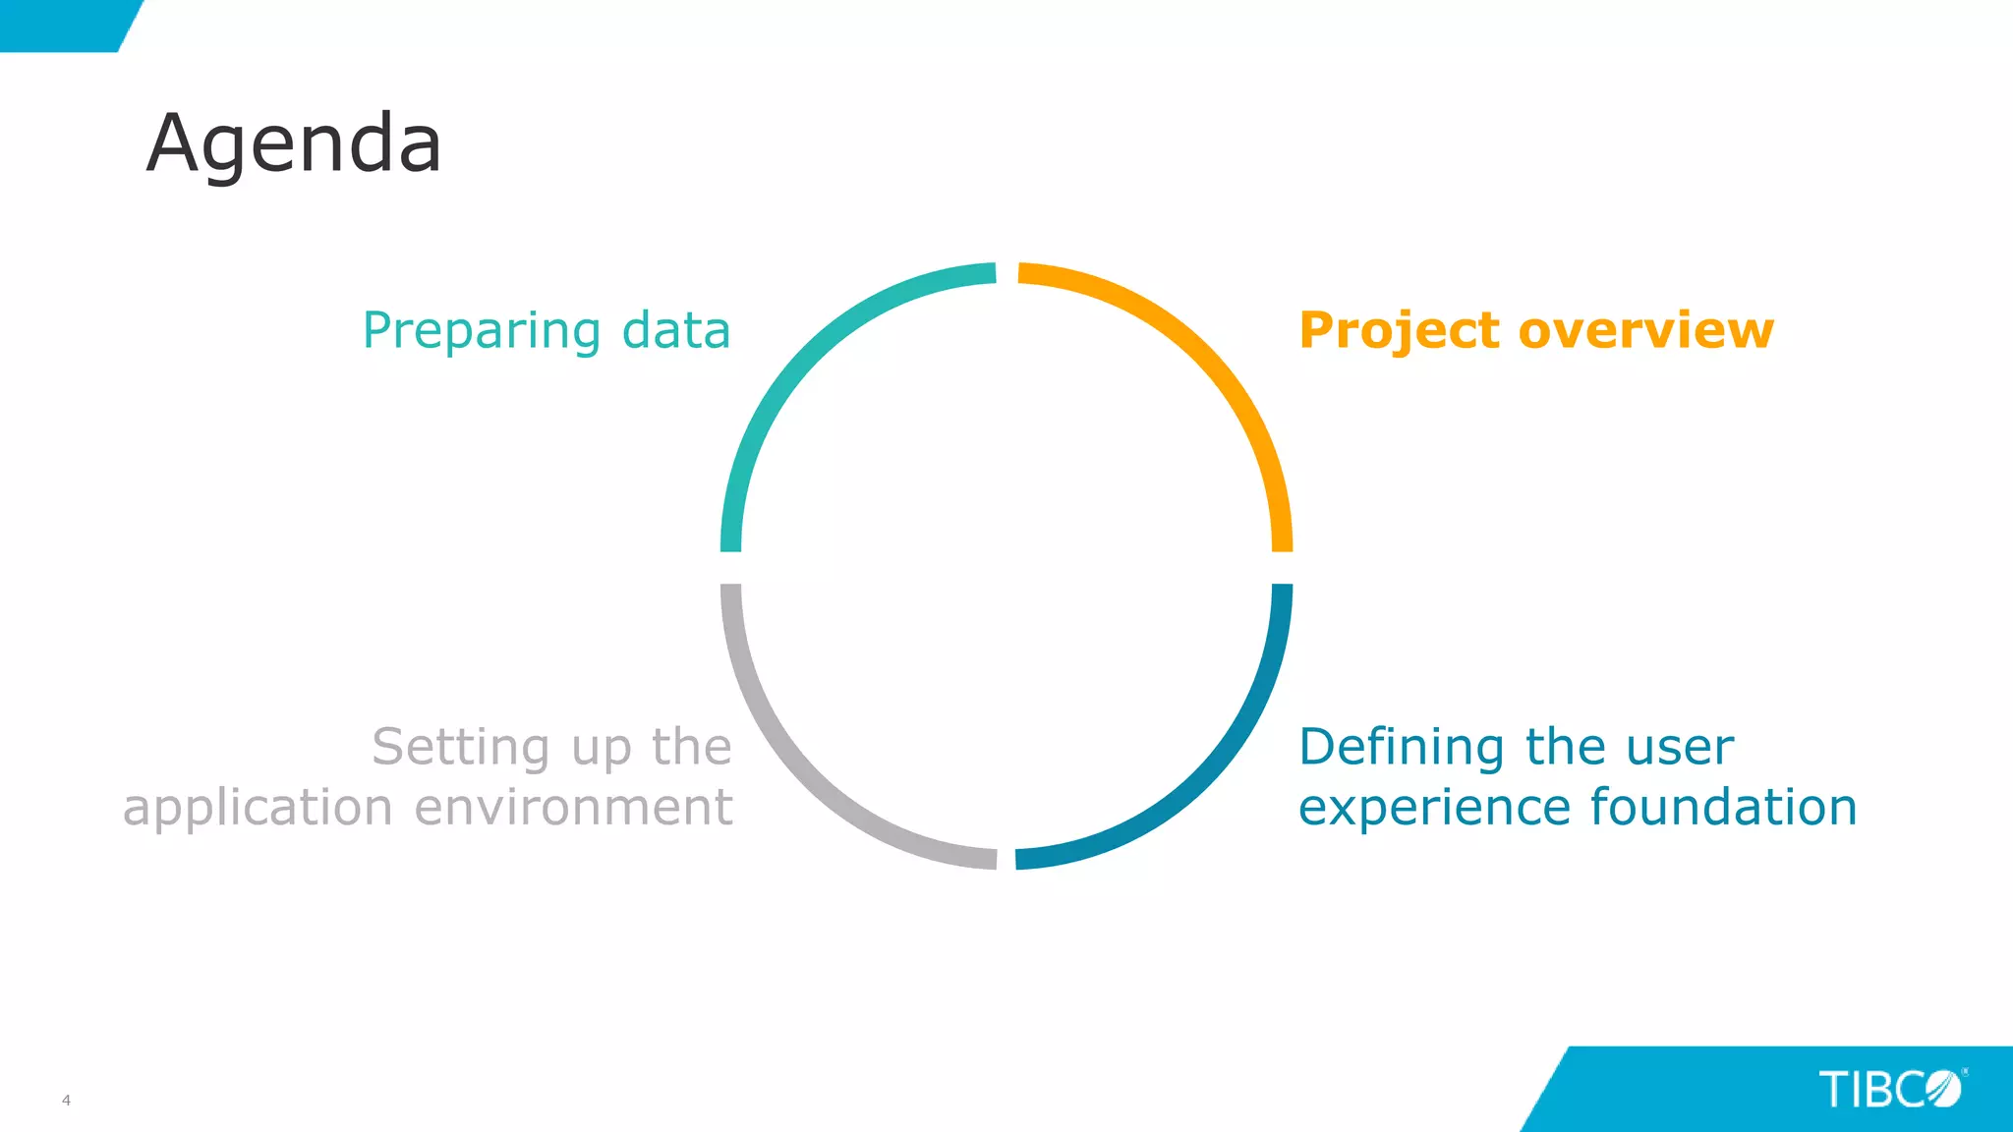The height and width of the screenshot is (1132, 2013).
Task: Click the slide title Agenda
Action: click(294, 144)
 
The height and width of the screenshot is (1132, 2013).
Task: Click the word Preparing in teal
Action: click(481, 331)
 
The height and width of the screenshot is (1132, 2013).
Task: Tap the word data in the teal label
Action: click(676, 330)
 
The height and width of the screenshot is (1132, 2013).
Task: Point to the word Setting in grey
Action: click(460, 748)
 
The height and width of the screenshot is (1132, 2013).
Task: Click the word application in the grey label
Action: click(258, 809)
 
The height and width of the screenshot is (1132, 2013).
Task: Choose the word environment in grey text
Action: click(573, 808)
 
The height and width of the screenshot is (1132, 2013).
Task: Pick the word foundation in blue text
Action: click(1723, 808)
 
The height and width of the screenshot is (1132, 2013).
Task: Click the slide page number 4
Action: click(66, 1100)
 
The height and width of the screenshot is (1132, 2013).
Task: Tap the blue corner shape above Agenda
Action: click(59, 24)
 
